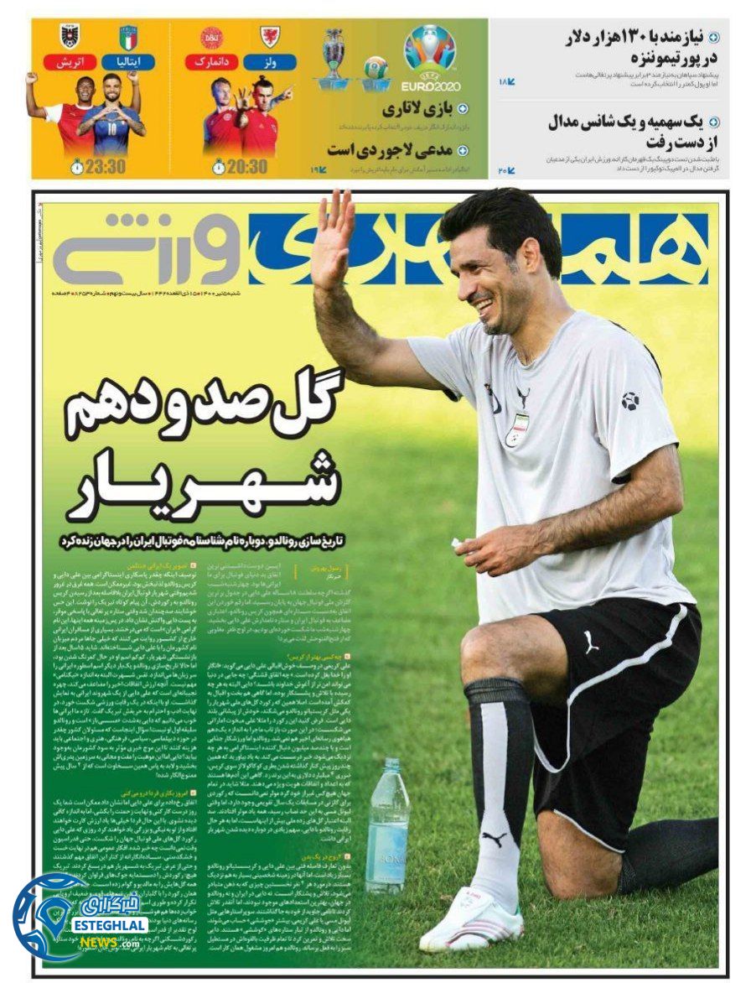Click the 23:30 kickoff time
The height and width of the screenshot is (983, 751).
(98, 166)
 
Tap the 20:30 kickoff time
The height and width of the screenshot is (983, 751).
(240, 166)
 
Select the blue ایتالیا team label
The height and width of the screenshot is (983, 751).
(127, 62)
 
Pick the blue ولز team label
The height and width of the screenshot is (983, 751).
(270, 62)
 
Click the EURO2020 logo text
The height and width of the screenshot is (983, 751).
(430, 86)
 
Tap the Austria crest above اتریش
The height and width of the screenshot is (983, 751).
(70, 36)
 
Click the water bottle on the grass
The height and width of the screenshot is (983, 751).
(386, 814)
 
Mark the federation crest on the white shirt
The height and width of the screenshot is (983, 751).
(515, 428)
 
